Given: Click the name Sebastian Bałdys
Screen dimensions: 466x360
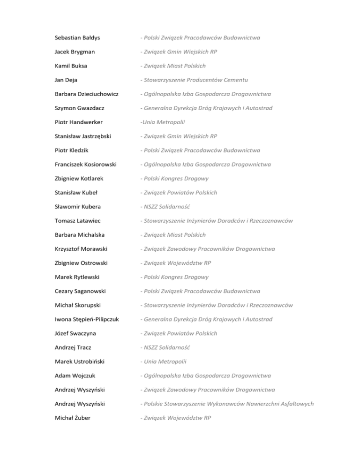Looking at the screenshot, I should [79, 38].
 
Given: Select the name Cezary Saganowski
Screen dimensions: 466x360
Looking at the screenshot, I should [81, 291].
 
